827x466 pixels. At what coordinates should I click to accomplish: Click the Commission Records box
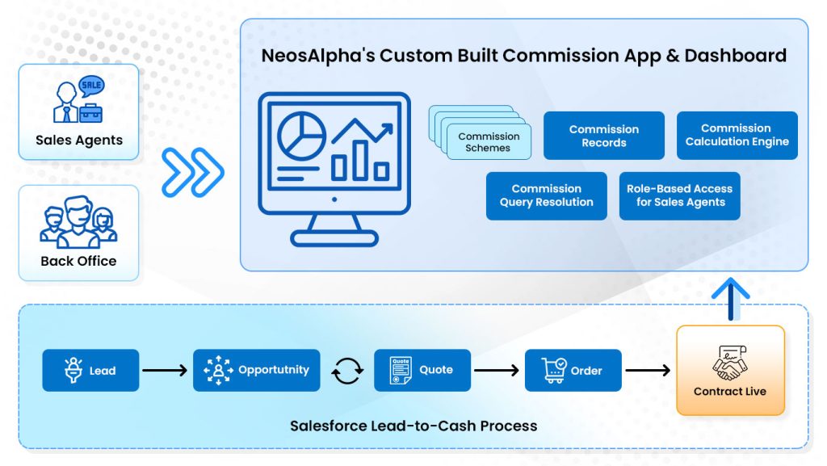click(x=603, y=136)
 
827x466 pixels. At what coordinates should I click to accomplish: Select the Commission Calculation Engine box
click(x=737, y=135)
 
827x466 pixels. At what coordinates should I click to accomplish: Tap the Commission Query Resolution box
click(x=546, y=195)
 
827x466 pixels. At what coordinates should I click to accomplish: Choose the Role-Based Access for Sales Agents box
click(x=679, y=195)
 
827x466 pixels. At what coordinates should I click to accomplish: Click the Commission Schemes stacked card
click(x=489, y=142)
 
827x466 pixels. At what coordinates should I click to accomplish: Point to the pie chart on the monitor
click(x=301, y=136)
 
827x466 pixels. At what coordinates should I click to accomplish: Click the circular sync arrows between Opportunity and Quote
click(x=347, y=371)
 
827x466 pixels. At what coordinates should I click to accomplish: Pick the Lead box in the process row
click(x=90, y=371)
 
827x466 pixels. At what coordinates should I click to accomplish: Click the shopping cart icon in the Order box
click(x=555, y=370)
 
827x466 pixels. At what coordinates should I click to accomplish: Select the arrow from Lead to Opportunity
click(x=166, y=371)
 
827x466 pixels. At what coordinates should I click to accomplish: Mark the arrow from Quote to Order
click(x=496, y=371)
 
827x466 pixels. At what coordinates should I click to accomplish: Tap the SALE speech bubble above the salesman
click(x=92, y=85)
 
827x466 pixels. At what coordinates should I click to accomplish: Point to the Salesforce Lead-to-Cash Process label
click(x=413, y=425)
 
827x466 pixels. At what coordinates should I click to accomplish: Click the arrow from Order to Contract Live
click(x=648, y=371)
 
